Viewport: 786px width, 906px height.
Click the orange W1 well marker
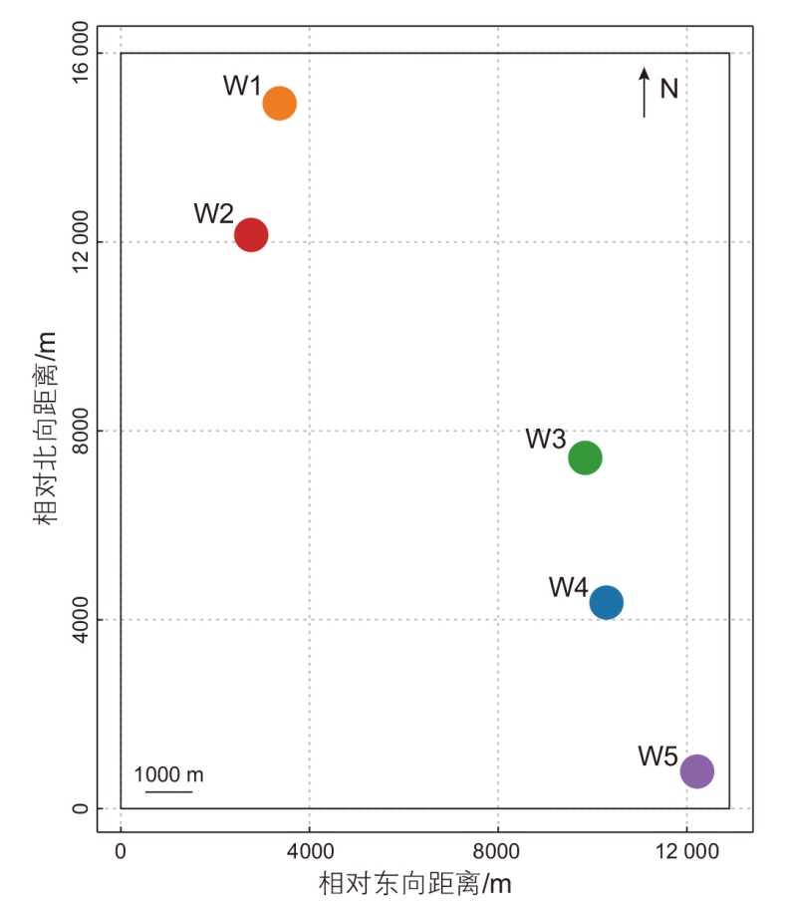[x=280, y=103]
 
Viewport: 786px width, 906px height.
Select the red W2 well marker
[x=251, y=235]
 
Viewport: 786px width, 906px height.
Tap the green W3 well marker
[x=585, y=457]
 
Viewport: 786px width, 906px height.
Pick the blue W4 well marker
[x=606, y=602]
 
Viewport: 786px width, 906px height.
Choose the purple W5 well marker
[x=696, y=770]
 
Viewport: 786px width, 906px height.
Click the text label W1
[x=242, y=86]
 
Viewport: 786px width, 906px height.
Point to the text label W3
[x=546, y=439]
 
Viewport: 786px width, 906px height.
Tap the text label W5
[x=658, y=755]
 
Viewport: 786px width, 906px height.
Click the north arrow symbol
[x=645, y=93]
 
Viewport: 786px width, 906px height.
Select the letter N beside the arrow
[x=669, y=90]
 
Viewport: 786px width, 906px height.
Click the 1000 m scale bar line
[x=168, y=792]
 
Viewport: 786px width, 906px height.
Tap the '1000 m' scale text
[x=168, y=774]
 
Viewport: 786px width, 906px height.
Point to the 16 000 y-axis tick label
[x=82, y=54]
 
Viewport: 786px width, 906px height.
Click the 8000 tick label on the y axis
[x=82, y=431]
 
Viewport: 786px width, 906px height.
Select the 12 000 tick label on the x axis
[x=686, y=851]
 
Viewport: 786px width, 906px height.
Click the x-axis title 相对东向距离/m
[x=415, y=883]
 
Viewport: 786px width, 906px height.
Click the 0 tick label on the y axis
[x=82, y=808]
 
